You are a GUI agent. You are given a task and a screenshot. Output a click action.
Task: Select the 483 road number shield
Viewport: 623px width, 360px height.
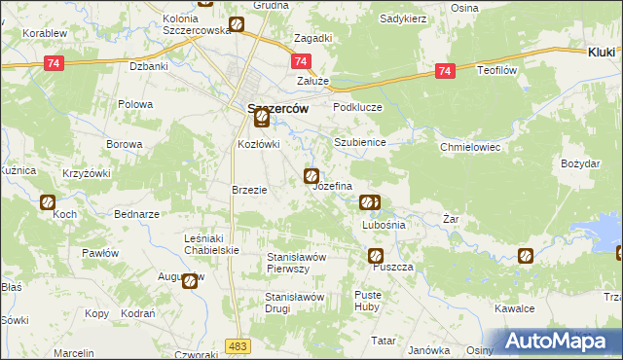point(237,345)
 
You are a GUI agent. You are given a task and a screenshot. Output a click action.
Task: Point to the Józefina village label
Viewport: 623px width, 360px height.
point(332,185)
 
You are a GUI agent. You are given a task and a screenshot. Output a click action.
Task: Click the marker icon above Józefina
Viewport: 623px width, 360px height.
point(311,176)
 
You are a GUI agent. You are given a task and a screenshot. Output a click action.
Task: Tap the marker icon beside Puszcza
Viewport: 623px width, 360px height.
point(376,256)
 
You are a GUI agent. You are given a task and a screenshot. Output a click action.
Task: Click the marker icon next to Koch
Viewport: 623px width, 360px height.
point(48,202)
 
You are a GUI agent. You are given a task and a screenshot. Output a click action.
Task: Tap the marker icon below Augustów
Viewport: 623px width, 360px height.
point(190,281)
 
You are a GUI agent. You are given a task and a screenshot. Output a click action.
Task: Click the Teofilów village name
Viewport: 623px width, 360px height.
point(501,71)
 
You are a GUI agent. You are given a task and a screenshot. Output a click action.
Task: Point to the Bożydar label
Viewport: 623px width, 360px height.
point(581,163)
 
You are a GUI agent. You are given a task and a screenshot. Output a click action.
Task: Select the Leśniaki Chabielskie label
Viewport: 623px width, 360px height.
point(211,243)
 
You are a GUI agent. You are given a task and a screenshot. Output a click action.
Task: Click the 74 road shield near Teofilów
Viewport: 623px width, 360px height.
point(445,71)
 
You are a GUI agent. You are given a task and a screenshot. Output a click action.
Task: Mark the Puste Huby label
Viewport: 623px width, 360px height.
point(368,300)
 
